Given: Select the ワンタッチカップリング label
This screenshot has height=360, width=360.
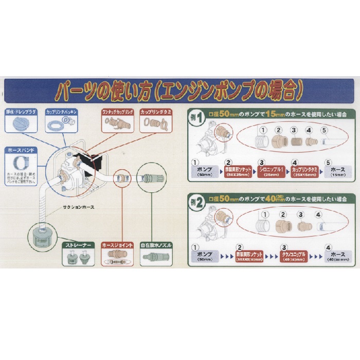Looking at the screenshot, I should [x=118, y=111].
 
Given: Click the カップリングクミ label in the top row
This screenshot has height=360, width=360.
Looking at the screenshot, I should [x=155, y=111].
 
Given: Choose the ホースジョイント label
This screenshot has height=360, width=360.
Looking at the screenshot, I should [x=118, y=245].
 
